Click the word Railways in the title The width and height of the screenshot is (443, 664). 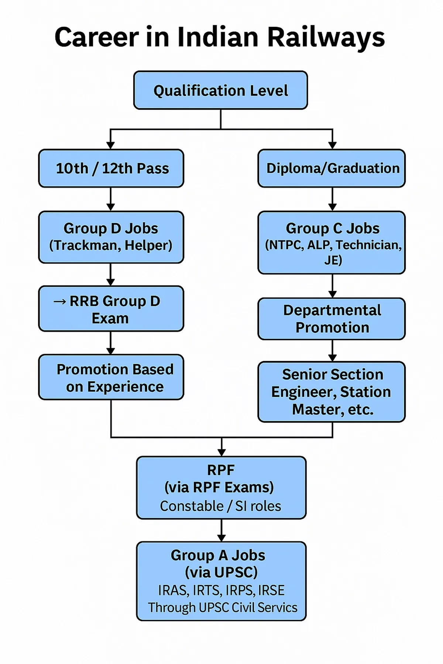pos(326,38)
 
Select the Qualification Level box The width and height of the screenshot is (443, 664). pos(220,90)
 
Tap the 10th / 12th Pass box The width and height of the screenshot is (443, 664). pos(111,168)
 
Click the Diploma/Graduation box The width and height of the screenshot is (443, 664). pos(332,168)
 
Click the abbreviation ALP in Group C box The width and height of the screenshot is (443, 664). pos(319,245)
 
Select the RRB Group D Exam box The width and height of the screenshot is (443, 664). pos(111,309)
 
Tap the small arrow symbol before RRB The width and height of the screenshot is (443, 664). pos(60,302)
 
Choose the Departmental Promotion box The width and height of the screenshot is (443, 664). pos(332,319)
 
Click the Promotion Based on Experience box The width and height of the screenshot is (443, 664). pos(111,377)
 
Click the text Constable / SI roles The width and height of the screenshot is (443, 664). pos(220,506)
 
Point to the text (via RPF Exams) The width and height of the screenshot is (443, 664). pos(219,487)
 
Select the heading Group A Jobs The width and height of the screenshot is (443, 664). pos(218,555)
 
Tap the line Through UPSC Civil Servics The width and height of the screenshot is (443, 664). pos(223,608)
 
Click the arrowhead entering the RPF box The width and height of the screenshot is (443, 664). pos(221,452)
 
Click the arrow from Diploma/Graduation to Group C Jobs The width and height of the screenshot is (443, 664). pos(332,200)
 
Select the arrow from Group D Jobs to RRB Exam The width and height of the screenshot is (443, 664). pos(111,275)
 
